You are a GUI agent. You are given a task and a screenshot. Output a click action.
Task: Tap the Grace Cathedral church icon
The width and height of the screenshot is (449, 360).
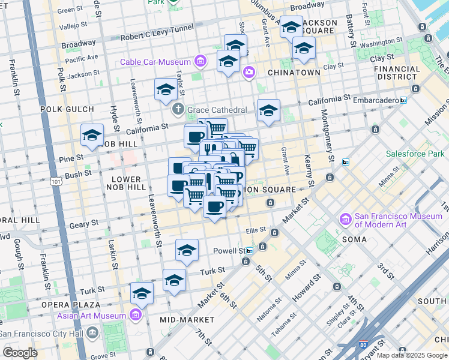(178, 110)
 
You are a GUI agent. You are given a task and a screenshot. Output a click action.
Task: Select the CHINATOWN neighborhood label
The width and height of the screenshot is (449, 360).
(294, 73)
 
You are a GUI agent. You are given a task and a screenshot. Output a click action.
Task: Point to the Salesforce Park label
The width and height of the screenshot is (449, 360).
(415, 154)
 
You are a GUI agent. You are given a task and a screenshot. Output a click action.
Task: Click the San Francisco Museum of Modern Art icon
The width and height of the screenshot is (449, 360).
(345, 220)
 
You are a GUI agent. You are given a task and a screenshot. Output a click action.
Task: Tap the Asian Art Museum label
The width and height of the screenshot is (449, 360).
(91, 315)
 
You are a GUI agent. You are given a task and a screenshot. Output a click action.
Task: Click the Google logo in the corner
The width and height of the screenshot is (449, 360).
(20, 353)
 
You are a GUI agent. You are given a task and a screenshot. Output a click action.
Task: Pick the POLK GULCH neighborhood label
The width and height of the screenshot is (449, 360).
(67, 109)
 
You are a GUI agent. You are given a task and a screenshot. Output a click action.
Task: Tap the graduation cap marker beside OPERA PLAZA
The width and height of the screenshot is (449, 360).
(142, 293)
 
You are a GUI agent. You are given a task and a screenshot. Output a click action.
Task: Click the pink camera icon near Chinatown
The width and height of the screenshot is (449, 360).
(249, 73)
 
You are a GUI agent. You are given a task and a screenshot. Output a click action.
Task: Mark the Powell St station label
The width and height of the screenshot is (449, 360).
(231, 250)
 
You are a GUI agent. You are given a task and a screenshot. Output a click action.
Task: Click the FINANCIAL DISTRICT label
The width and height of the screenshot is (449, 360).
(397, 73)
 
